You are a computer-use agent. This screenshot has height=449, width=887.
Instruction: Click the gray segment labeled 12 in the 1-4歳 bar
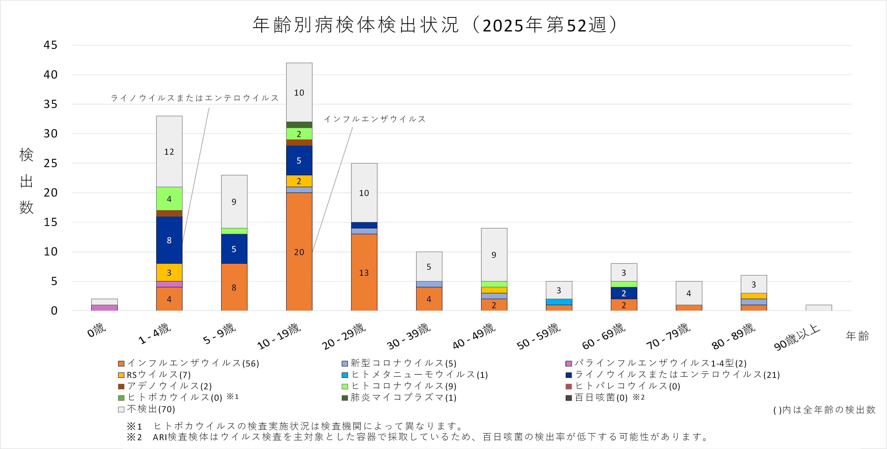(x=169, y=151)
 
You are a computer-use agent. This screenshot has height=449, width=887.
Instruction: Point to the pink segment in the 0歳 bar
(x=104, y=308)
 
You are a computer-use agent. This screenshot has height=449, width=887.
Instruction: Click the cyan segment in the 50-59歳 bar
(x=559, y=302)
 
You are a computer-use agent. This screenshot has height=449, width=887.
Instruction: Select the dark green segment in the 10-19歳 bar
(x=299, y=125)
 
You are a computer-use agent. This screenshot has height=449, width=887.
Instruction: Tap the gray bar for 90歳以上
(x=818, y=308)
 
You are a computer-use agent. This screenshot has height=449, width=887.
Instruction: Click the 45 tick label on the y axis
(x=50, y=45)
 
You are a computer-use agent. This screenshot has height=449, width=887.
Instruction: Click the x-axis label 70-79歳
(x=669, y=336)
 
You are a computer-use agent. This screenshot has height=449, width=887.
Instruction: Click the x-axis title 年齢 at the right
(x=857, y=336)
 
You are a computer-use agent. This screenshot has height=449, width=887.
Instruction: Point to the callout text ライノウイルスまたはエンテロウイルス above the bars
(x=195, y=98)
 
